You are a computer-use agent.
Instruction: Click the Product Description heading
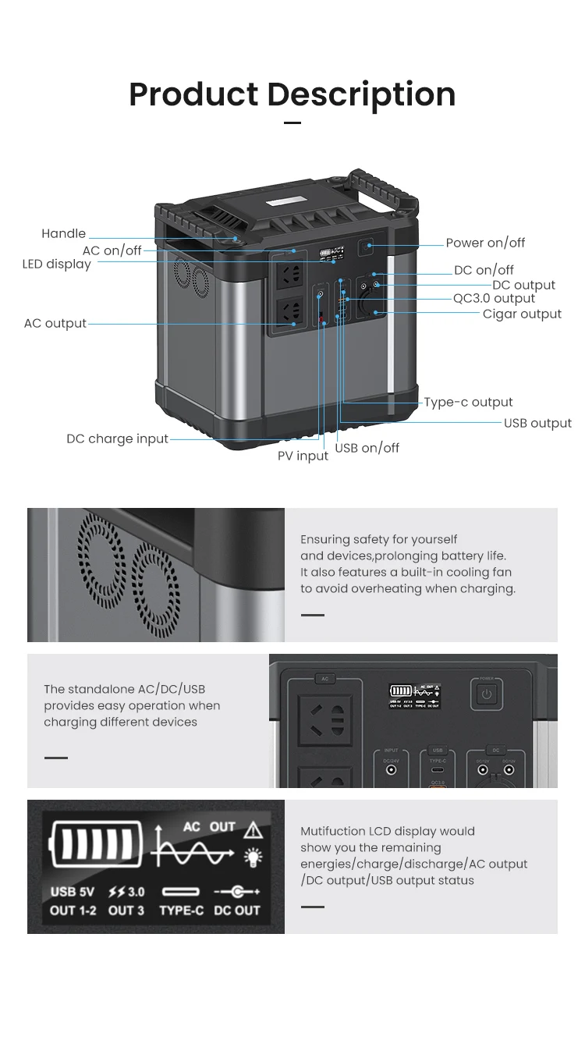pos(292,94)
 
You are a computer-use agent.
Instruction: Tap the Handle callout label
pos(63,233)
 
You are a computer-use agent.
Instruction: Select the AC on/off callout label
pos(112,250)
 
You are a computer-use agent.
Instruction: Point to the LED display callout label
pos(56,264)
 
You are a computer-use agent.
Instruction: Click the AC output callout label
pos(55,323)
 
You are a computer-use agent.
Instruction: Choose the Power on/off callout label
pos(485,243)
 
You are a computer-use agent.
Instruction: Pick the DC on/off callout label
pos(484,270)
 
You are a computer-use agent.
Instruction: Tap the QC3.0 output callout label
pos(494,298)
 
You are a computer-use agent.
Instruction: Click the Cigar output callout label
pos(522,314)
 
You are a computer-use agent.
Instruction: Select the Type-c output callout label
pos(468,402)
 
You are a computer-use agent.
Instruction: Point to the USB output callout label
pos(537,423)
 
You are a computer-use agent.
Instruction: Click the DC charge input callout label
pos(117,438)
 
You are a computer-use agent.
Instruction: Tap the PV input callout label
pos(303,456)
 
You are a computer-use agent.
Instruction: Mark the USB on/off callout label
pos(367,448)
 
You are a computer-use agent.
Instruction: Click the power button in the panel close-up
pos(487,693)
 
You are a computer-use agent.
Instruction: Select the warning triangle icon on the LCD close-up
pos(253,829)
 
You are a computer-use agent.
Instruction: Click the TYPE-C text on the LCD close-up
pos(181,911)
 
